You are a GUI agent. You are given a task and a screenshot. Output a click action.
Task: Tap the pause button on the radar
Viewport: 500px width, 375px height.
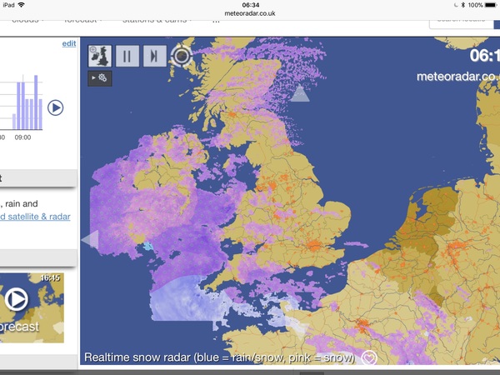pyautogui.click(x=127, y=57)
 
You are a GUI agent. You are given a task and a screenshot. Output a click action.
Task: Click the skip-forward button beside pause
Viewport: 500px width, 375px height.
pyautogui.click(x=154, y=57)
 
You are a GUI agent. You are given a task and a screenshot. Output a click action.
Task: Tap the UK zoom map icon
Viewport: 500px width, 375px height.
pyautogui.click(x=101, y=57)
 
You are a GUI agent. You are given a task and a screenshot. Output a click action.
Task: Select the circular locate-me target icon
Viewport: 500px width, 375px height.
pyautogui.click(x=181, y=57)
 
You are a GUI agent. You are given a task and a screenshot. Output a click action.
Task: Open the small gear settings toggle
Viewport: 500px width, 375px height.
pyautogui.click(x=100, y=78)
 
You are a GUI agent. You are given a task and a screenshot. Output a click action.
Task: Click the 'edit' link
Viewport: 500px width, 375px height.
pyautogui.click(x=69, y=43)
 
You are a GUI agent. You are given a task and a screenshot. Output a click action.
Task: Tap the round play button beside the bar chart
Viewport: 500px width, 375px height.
pyautogui.click(x=55, y=107)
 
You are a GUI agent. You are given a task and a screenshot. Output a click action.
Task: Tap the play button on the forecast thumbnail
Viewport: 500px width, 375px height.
pyautogui.click(x=16, y=298)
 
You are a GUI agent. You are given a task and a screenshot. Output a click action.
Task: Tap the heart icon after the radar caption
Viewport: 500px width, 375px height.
pyautogui.click(x=369, y=358)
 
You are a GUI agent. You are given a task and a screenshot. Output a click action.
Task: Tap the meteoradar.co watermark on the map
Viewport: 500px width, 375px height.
pyautogui.click(x=457, y=76)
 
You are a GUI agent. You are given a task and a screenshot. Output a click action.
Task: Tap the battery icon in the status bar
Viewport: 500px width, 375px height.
pyautogui.click(x=491, y=4)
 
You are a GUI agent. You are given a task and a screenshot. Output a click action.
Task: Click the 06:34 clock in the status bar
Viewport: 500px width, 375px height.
pyautogui.click(x=249, y=4)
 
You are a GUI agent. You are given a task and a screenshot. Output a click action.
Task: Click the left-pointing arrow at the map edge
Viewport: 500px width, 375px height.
pyautogui.click(x=89, y=240)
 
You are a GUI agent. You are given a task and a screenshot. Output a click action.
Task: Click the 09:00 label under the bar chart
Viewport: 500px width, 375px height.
pyautogui.click(x=22, y=137)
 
